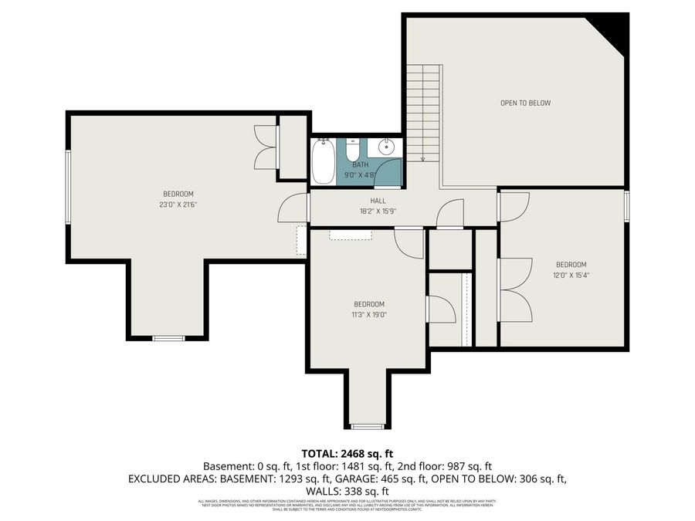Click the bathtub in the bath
323,161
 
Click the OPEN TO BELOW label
525,103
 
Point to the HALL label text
356,201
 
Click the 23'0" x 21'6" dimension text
178,205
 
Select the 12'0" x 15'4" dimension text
571,275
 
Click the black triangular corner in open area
614,26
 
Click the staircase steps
422,108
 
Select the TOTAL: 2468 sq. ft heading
347,453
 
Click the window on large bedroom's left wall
68,188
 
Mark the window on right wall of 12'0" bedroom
626,205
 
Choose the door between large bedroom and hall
292,208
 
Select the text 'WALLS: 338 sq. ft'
347,491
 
